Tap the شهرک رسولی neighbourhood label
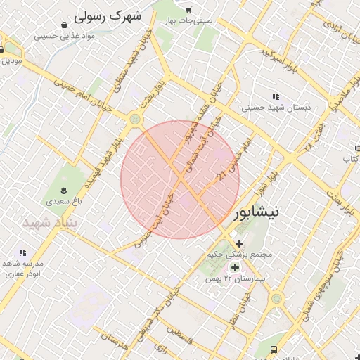coord(107,15)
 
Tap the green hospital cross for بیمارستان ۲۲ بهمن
coord(235,267)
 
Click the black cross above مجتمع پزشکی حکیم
coord(240,243)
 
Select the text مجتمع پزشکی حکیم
coord(240,254)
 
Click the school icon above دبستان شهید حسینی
coord(276,96)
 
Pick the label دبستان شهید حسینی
coord(276,108)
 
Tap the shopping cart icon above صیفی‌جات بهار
coord(188,9)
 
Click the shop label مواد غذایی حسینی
coord(68,34)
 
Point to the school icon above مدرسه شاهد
coord(22,252)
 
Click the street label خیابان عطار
coord(240,314)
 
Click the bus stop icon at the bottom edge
coord(274,349)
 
